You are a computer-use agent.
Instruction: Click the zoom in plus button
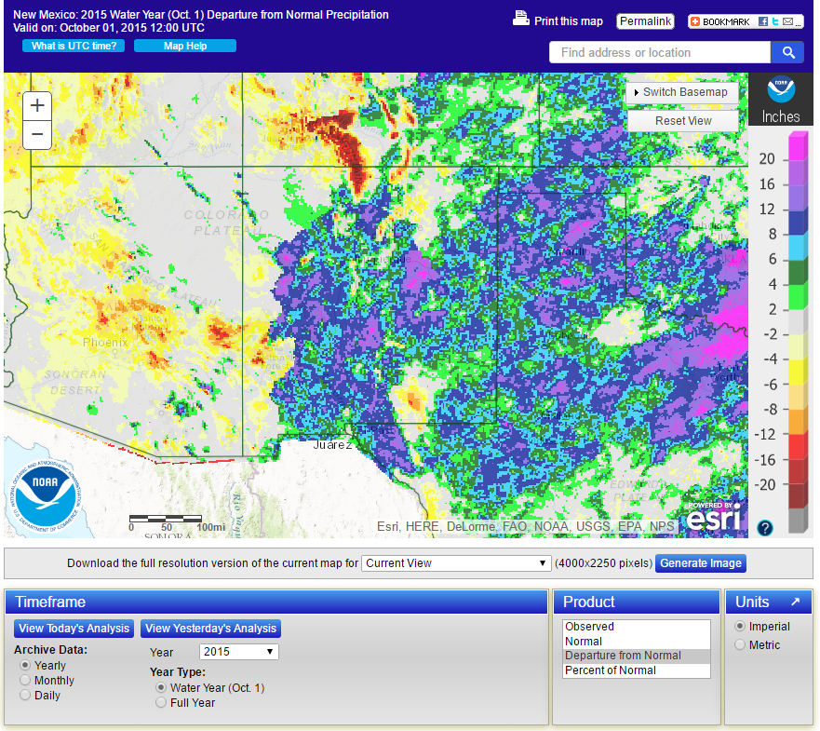37,105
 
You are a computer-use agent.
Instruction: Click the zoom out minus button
37,134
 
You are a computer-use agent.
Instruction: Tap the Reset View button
683,121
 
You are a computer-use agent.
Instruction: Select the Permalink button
645,21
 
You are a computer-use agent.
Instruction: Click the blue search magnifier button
787,52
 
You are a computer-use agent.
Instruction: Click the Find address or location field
660,52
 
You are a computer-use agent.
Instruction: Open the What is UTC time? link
74,46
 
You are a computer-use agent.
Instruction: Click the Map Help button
185,46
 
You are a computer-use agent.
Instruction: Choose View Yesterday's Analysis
210,629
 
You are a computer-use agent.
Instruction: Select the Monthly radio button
25,681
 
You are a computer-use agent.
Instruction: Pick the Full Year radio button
161,703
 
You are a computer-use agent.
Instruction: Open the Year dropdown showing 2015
239,652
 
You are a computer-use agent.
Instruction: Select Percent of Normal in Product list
611,670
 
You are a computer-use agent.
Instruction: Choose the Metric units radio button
741,644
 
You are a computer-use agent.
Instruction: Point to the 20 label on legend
766,159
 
